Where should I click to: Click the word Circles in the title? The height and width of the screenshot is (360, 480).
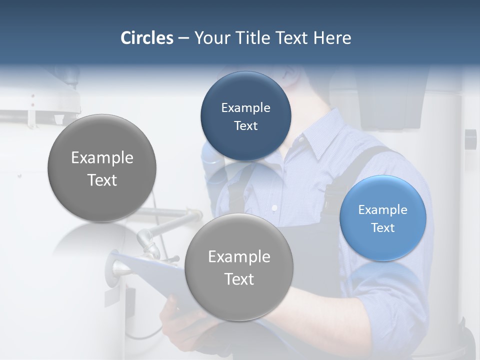click(146, 38)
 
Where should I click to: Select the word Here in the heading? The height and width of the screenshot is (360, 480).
click(332, 38)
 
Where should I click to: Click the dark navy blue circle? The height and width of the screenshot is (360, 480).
click(245, 116)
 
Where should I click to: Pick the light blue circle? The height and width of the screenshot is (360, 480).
click(382, 218)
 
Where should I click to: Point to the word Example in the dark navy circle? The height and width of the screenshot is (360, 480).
click(245, 107)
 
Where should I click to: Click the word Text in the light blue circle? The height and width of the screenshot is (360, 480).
click(383, 228)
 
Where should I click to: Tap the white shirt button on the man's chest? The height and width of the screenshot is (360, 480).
click(273, 207)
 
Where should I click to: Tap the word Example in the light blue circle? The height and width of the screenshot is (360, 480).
click(382, 209)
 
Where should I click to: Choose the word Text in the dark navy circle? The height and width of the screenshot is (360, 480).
click(245, 125)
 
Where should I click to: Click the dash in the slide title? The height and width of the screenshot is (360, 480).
click(183, 38)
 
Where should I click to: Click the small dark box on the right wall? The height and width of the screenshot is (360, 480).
click(470, 139)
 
